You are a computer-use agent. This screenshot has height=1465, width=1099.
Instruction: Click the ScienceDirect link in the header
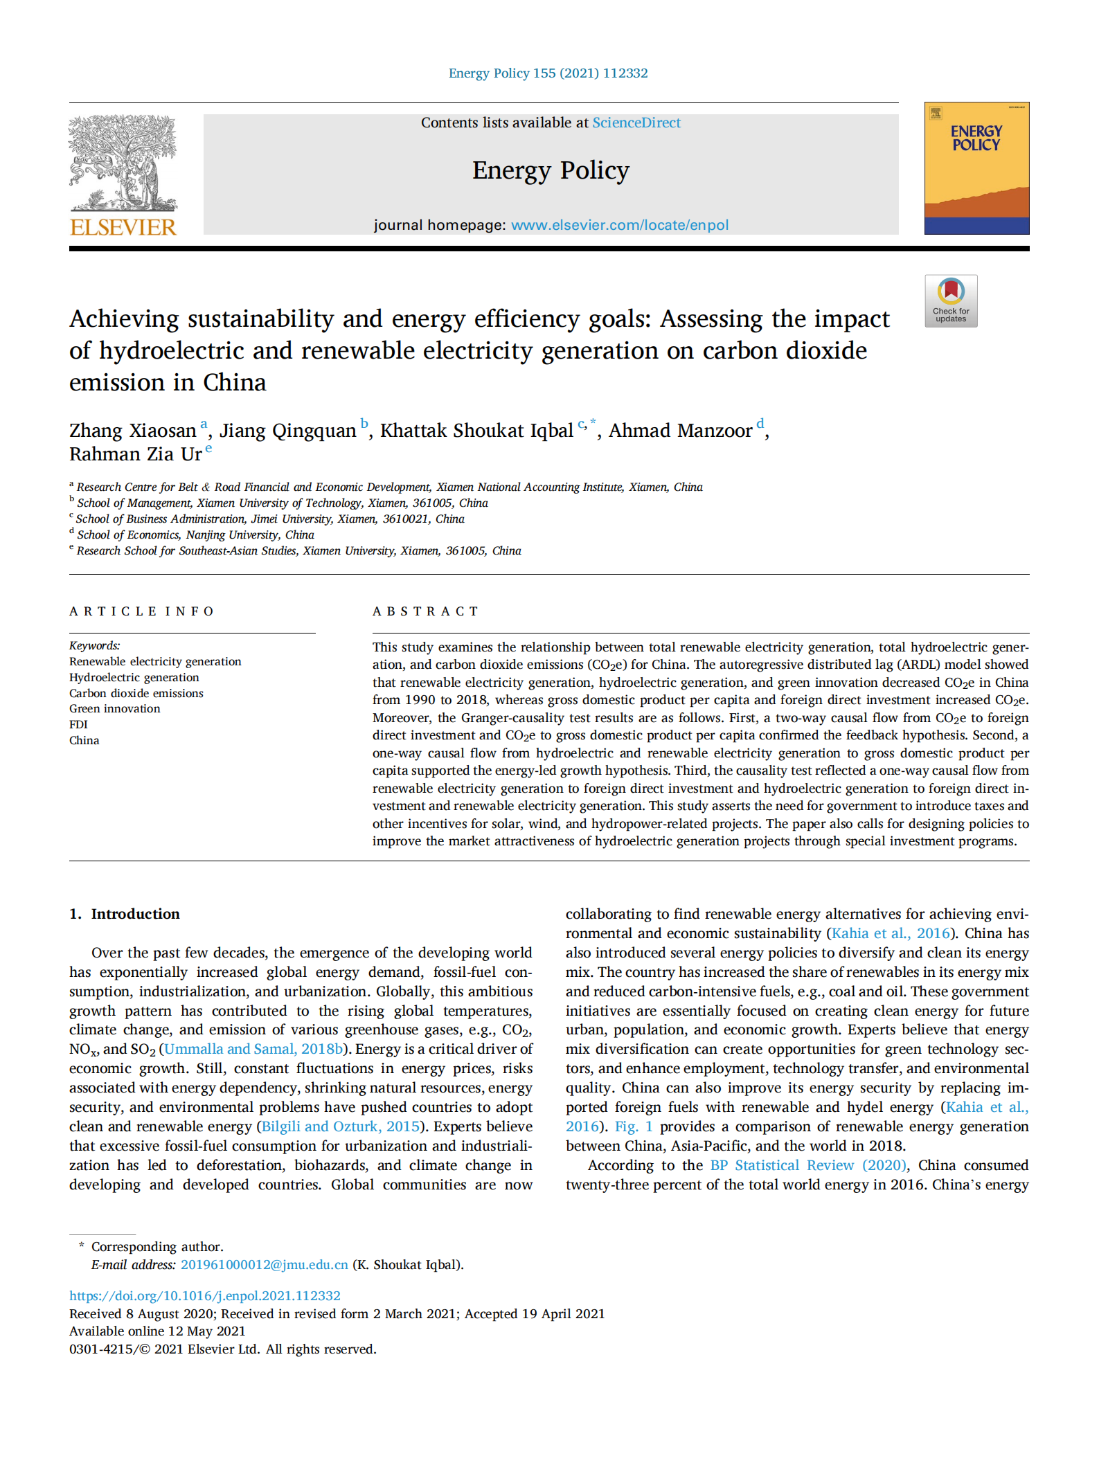(x=636, y=123)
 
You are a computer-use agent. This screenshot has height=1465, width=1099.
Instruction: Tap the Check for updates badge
(x=950, y=301)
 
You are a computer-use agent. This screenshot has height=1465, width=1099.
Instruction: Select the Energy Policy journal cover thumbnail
(x=976, y=168)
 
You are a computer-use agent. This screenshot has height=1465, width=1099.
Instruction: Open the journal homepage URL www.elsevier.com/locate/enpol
(x=619, y=226)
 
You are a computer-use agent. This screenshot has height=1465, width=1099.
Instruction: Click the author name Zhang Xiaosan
(x=132, y=431)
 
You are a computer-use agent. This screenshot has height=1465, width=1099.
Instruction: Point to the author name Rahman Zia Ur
(x=135, y=454)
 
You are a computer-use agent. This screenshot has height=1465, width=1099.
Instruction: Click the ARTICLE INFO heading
(x=141, y=611)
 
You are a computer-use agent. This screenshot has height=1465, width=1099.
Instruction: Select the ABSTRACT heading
(x=425, y=611)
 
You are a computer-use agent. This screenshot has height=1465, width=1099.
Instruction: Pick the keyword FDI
(x=78, y=725)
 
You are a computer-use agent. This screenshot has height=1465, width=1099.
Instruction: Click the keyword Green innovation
(x=114, y=709)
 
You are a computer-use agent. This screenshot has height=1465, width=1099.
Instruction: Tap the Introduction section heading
(x=134, y=914)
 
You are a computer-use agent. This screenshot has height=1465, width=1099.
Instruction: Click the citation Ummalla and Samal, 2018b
(x=253, y=1049)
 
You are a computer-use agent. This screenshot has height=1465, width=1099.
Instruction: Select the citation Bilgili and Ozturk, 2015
(x=340, y=1126)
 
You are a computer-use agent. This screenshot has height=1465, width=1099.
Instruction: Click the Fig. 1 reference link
(x=633, y=1126)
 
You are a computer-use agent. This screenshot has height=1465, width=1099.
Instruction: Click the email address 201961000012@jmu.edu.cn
(x=264, y=1265)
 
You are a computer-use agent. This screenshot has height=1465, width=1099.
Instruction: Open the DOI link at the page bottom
(x=204, y=1296)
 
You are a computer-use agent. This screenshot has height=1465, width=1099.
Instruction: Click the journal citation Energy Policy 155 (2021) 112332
(x=548, y=73)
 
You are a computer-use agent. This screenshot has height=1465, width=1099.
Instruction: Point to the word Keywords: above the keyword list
(x=94, y=646)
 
